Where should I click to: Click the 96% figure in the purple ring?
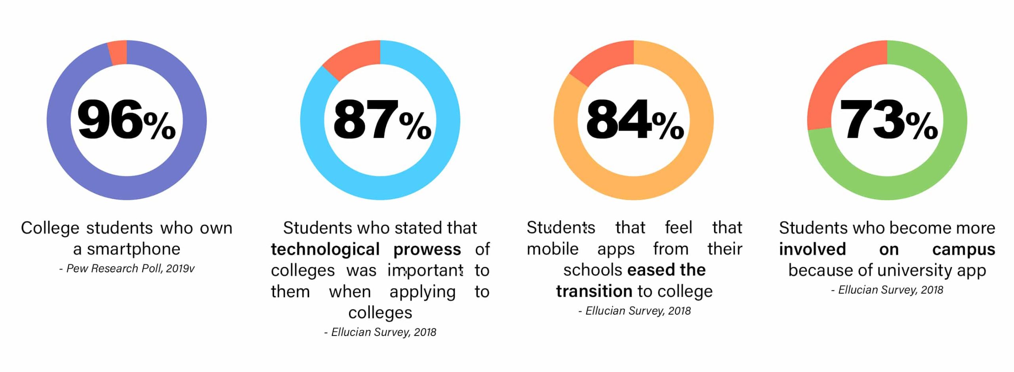pyautogui.click(x=126, y=120)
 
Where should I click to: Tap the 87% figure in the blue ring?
pyautogui.click(x=381, y=120)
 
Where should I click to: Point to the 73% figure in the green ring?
pyautogui.click(x=888, y=120)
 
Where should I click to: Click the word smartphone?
pyautogui.click(x=133, y=249)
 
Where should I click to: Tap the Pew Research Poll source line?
pyautogui.click(x=127, y=269)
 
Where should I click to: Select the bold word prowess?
pyautogui.click(x=427, y=249)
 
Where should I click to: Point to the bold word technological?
pyautogui.click(x=325, y=249)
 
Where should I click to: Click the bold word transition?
pyautogui.click(x=594, y=291)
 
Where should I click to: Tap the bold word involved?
pyautogui.click(x=812, y=249)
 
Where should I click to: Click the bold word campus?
pyautogui.click(x=963, y=249)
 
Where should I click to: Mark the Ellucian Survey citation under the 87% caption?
pyautogui.click(x=380, y=332)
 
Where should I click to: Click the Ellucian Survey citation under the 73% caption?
pyautogui.click(x=887, y=290)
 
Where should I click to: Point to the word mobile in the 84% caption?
pyautogui.click(x=552, y=249)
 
